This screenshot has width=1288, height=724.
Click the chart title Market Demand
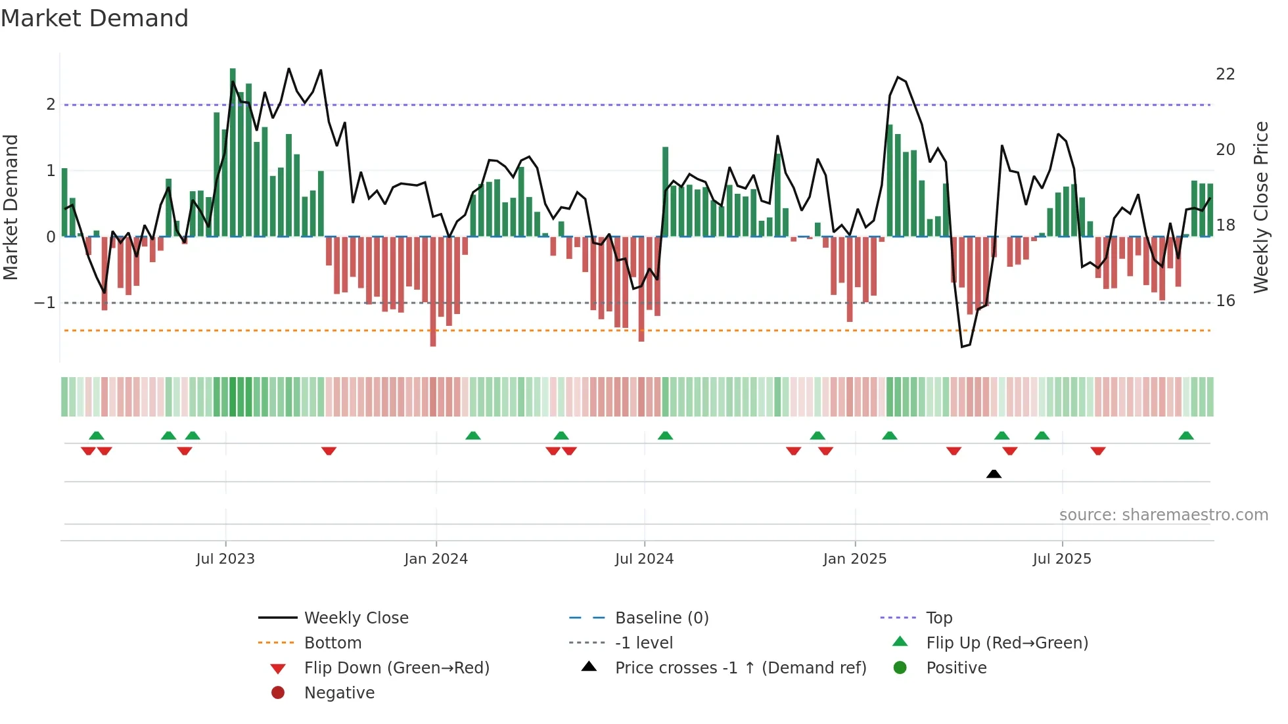tap(95, 18)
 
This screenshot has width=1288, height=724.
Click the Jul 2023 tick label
tap(225, 559)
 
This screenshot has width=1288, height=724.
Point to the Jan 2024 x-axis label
tap(436, 559)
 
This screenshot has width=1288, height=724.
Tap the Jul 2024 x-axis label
tap(644, 559)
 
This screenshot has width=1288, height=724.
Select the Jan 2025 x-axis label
tap(854, 559)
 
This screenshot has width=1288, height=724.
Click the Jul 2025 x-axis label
tap(1061, 559)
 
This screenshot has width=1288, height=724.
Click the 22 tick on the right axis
tap(1225, 74)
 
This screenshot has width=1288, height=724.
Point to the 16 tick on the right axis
tap(1225, 301)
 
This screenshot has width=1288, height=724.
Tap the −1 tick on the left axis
tap(45, 303)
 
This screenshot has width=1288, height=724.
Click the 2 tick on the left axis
tap(51, 104)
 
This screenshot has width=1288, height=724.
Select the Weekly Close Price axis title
tap(1260, 207)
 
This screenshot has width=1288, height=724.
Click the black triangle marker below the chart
tap(994, 474)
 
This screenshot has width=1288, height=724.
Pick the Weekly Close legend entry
tap(356, 618)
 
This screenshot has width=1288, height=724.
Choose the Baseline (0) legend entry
tap(661, 618)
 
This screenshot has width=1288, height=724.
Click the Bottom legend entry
tap(333, 643)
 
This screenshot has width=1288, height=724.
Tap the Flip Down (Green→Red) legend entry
tap(396, 668)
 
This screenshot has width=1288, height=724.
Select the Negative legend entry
tap(339, 693)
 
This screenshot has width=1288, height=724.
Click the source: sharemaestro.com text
tap(1163, 515)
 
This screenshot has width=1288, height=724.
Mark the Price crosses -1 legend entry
tap(740, 668)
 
